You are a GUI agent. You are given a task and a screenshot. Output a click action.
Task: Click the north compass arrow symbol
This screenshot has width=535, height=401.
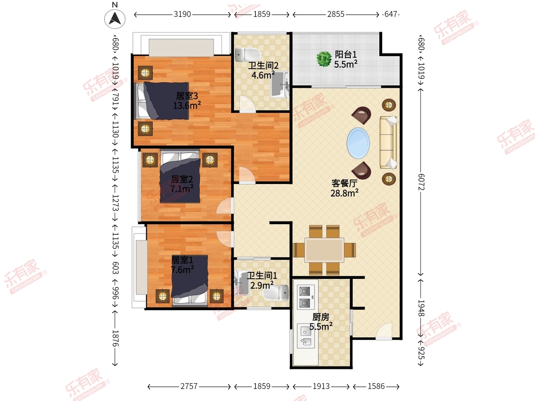point(115,19)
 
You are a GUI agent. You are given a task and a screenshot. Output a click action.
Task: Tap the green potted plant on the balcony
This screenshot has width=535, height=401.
point(324,59)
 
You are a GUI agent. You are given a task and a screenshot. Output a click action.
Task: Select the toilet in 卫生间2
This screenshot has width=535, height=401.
point(248,54)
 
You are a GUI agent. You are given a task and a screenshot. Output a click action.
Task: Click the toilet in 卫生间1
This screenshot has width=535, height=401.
point(276,293)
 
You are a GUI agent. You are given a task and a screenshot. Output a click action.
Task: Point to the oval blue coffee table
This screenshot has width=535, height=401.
point(358,143)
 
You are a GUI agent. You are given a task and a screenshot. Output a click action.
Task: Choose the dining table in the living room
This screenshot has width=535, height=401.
point(324,250)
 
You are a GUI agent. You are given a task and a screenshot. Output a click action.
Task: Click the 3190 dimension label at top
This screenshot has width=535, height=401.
point(182,14)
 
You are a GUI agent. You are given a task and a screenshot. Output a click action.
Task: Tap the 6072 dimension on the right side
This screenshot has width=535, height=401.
point(421,182)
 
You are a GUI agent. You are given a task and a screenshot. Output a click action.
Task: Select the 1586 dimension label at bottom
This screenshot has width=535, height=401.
point(376,386)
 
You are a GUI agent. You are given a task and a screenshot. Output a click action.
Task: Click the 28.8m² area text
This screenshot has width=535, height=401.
point(344,193)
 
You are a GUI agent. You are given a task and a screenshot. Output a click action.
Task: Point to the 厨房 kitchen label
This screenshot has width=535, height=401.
point(321,317)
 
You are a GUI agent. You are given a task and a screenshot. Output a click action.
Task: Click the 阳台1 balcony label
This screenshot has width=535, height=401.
point(346,54)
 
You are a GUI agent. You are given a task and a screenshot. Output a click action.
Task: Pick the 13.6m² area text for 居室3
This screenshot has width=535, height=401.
point(187,106)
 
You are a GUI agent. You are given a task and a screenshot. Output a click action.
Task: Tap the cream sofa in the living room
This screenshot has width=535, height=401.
point(388,142)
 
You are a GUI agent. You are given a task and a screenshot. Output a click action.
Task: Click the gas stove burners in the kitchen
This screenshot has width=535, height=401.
point(305,297)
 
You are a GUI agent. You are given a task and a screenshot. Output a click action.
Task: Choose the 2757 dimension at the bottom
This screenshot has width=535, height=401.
point(189,386)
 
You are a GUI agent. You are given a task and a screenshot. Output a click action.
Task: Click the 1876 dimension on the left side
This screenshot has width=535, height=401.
point(115,339)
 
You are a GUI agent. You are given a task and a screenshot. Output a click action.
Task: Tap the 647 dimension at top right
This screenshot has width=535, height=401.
point(391,14)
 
